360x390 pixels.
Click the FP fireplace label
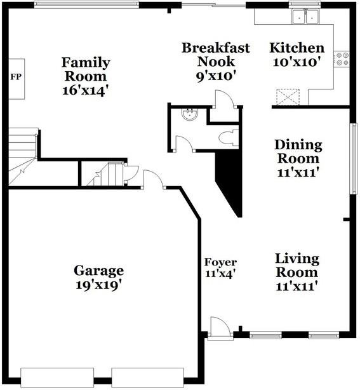click(x=16, y=77)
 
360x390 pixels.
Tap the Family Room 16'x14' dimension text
click(x=86, y=91)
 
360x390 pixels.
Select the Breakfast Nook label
click(x=216, y=55)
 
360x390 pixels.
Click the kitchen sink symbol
click(x=306, y=17)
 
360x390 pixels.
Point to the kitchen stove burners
click(x=342, y=58)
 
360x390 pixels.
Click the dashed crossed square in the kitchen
click(x=288, y=97)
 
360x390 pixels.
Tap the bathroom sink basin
click(x=190, y=115)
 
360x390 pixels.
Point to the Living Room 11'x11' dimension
click(x=297, y=286)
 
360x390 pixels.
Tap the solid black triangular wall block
click(x=229, y=184)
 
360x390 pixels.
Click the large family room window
click(x=86, y=4)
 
